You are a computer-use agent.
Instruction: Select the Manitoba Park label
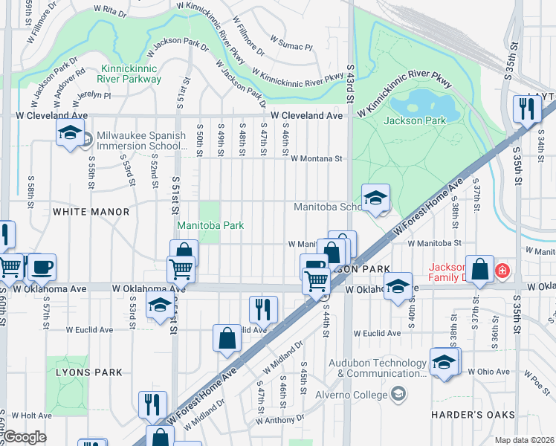tap(210, 225)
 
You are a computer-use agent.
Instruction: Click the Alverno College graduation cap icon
tap(399, 392)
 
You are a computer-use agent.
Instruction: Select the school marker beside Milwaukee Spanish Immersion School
tap(71, 134)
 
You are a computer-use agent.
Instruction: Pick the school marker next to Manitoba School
tap(375, 197)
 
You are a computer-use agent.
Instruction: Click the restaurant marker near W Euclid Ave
tap(263, 308)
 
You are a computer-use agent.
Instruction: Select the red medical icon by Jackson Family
tap(503, 270)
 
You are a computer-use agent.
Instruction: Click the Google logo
tap(25, 438)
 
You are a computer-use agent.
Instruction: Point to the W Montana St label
tap(316, 158)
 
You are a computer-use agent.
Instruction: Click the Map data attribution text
tap(525, 440)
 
